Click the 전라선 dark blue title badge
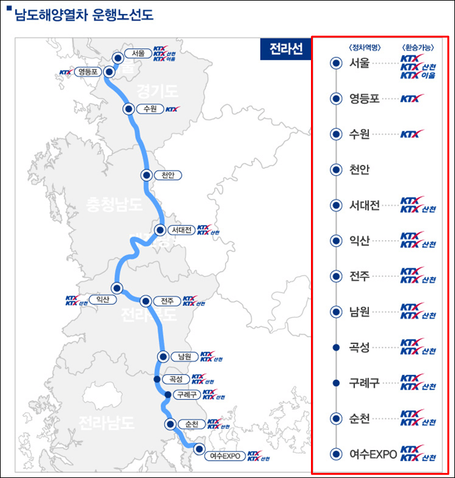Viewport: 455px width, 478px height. (x=285, y=49)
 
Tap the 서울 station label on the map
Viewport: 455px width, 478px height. (x=139, y=54)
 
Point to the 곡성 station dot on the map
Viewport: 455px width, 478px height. (x=157, y=379)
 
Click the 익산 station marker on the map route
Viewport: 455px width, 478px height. (x=117, y=288)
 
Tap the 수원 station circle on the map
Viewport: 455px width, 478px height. (x=129, y=109)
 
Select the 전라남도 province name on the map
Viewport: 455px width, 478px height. (x=106, y=422)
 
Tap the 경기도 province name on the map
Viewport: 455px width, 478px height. (x=157, y=92)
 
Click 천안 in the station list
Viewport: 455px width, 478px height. (x=360, y=170)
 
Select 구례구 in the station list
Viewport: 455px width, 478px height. (x=365, y=382)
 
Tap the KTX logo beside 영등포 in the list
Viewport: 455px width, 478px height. (x=412, y=98)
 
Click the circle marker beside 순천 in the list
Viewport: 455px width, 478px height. (x=335, y=418)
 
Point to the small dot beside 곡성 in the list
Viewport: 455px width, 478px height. (x=335, y=347)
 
